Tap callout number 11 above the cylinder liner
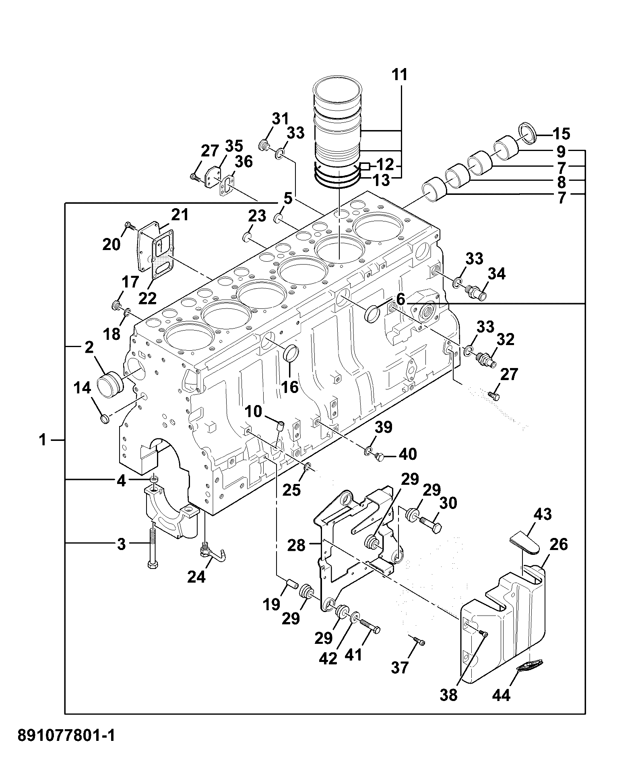[400, 75]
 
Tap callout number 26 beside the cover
[558, 545]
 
